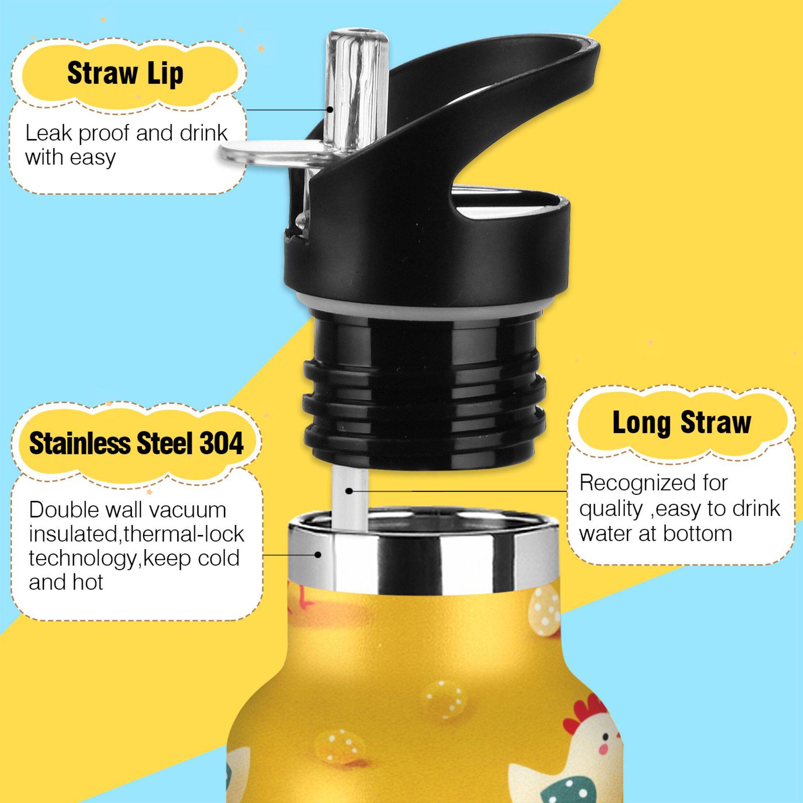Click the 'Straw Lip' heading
[125, 74]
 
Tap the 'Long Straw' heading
[681, 423]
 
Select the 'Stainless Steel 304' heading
[136, 443]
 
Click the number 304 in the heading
[222, 443]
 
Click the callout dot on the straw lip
[330, 110]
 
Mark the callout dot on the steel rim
[318, 554]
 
